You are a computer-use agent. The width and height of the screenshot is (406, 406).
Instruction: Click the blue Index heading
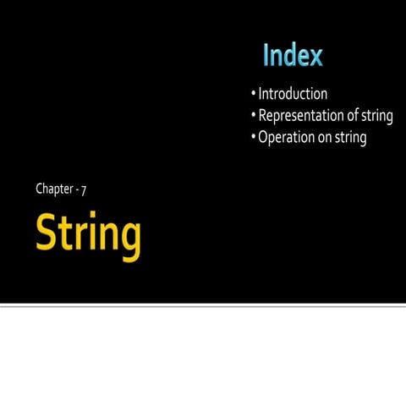click(x=293, y=56)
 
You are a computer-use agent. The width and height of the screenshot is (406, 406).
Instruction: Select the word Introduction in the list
click(x=293, y=94)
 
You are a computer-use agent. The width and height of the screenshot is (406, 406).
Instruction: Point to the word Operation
click(x=288, y=137)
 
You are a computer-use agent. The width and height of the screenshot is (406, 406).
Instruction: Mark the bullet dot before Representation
click(x=253, y=116)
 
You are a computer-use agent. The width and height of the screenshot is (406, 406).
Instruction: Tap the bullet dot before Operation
click(x=253, y=137)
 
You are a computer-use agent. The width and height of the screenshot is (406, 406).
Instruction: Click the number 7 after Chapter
click(x=83, y=189)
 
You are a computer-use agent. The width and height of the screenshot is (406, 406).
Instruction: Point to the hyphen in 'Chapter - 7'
click(x=75, y=189)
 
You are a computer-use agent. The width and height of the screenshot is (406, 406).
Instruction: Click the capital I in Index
click(x=266, y=56)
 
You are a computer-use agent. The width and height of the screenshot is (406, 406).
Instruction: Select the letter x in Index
click(x=314, y=58)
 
